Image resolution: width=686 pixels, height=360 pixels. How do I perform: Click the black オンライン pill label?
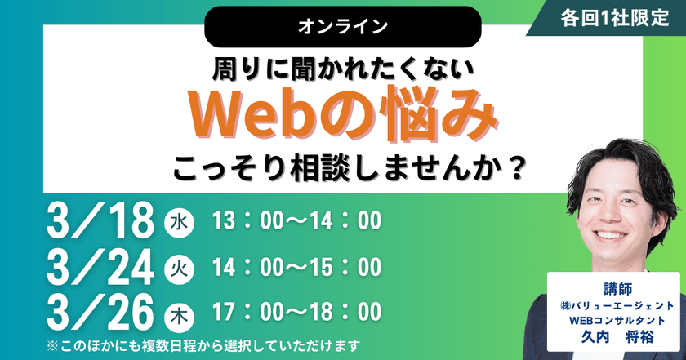click(x=342, y=25)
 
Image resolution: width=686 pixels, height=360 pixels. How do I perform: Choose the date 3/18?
click(x=101, y=221)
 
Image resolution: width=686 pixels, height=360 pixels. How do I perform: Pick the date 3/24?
click(x=101, y=266)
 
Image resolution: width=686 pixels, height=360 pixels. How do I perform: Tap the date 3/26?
click(x=101, y=311)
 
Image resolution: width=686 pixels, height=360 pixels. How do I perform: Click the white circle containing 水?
click(x=180, y=221)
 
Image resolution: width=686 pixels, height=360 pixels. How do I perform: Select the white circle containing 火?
click(x=180, y=266)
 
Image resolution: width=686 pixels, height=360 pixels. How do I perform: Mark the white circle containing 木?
click(x=180, y=311)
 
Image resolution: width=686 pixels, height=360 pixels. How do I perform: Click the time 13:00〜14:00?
click(x=296, y=221)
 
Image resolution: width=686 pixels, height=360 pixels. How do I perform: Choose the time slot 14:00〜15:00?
click(x=296, y=267)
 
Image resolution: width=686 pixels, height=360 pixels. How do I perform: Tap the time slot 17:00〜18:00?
click(x=296, y=311)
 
